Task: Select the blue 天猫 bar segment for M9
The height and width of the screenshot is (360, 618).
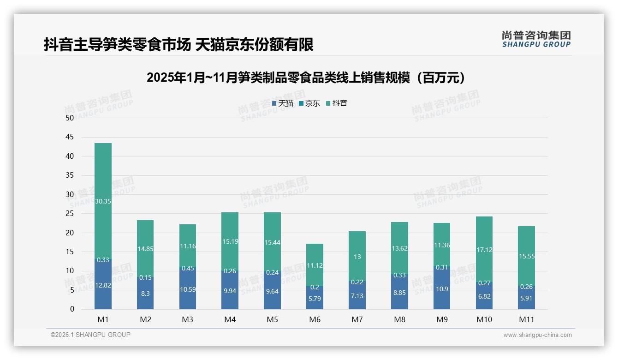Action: (442, 288)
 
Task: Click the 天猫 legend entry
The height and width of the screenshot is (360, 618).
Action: (283, 103)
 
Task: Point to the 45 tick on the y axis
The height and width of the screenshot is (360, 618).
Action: (70, 137)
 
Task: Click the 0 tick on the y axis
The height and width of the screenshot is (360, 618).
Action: (71, 309)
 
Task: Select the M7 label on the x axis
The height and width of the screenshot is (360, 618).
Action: (357, 319)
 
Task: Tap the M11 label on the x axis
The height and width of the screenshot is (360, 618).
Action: (526, 319)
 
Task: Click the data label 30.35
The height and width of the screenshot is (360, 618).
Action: (103, 201)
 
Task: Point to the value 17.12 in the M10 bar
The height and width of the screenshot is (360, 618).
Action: (484, 250)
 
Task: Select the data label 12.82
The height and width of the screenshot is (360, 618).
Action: (103, 285)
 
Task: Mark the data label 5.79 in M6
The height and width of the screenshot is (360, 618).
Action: (315, 299)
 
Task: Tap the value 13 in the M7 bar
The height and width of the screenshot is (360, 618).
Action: (357, 257)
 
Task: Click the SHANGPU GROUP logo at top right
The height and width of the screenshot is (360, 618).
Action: (536, 39)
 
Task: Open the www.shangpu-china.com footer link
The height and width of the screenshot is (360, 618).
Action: (537, 335)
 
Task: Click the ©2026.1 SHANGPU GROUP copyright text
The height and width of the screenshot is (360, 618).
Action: (90, 335)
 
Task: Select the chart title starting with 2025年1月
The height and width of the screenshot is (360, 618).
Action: (308, 78)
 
